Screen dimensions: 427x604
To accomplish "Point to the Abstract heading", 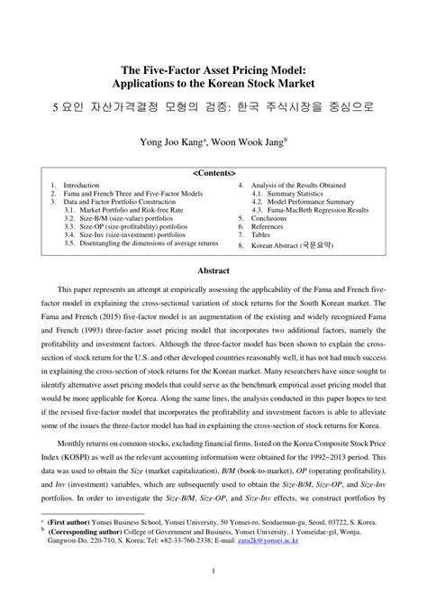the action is [x=213, y=270].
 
